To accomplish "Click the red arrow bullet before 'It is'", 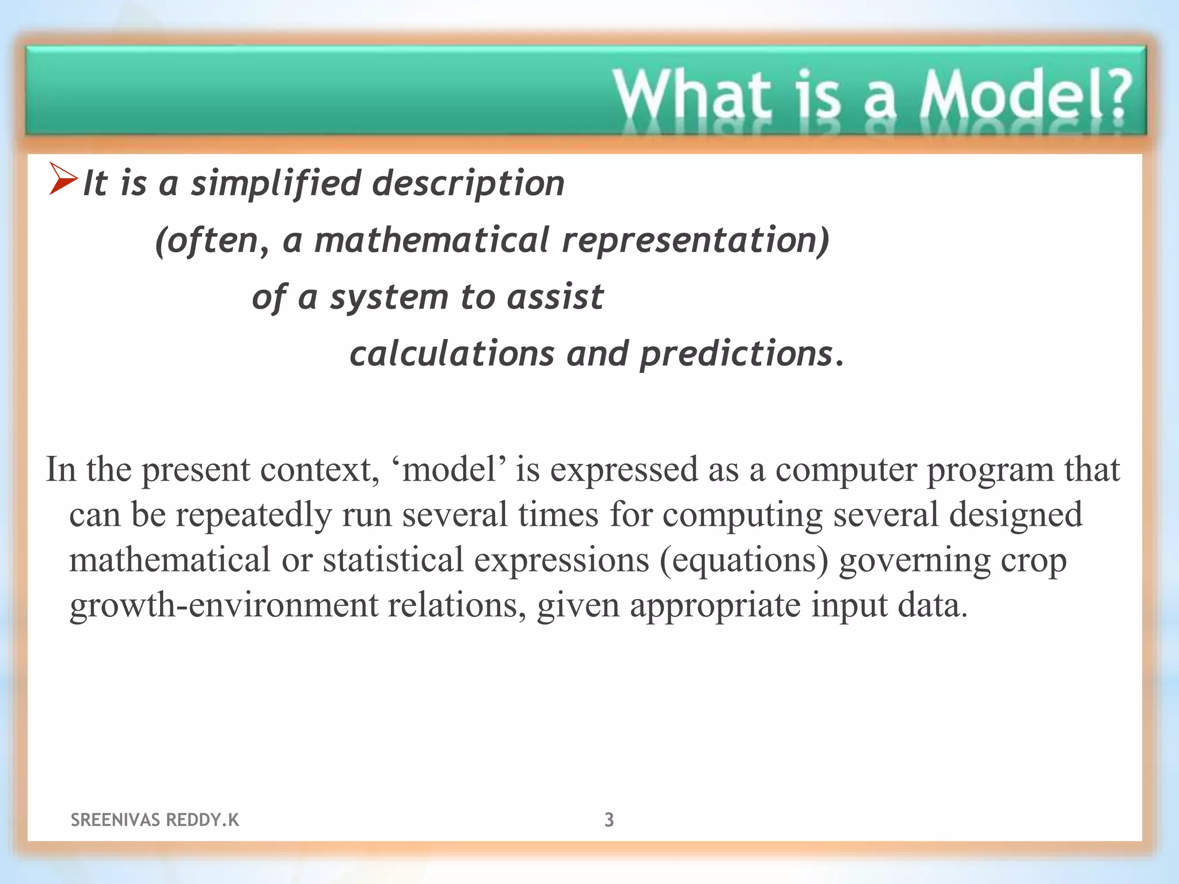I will coord(63,179).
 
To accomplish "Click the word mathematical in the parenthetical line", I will coord(432,240).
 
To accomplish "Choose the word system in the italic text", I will coord(389,298).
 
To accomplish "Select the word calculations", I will coord(452,353).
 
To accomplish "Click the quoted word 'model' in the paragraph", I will coord(448,469).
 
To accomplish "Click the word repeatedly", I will coord(253,515).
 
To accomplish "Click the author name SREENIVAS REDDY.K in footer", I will coord(154,820).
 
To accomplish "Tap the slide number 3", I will coord(609,820).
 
